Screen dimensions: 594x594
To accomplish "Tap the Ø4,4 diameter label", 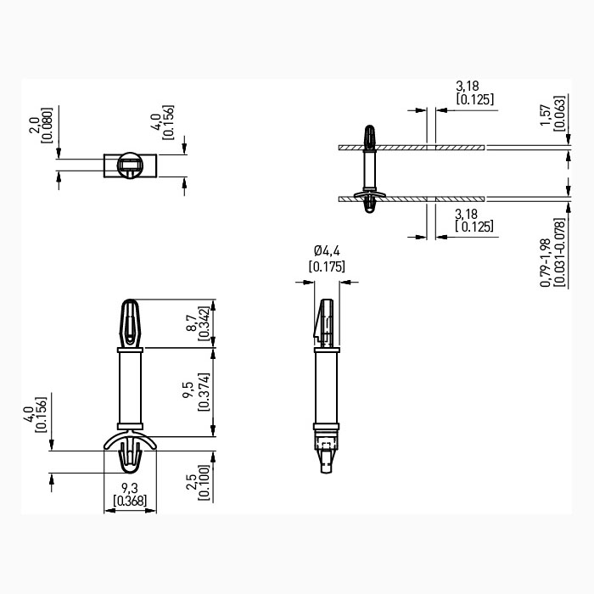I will tap(326, 251).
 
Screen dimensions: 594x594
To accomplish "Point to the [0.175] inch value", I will tap(326, 266).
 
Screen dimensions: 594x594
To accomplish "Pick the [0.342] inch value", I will tap(205, 323).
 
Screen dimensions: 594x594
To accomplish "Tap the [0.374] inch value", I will tap(205, 393).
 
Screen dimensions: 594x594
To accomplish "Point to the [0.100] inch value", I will tap(205, 483).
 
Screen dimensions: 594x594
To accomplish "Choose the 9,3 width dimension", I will tap(129, 488).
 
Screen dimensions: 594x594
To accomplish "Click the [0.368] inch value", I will tap(129, 501).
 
